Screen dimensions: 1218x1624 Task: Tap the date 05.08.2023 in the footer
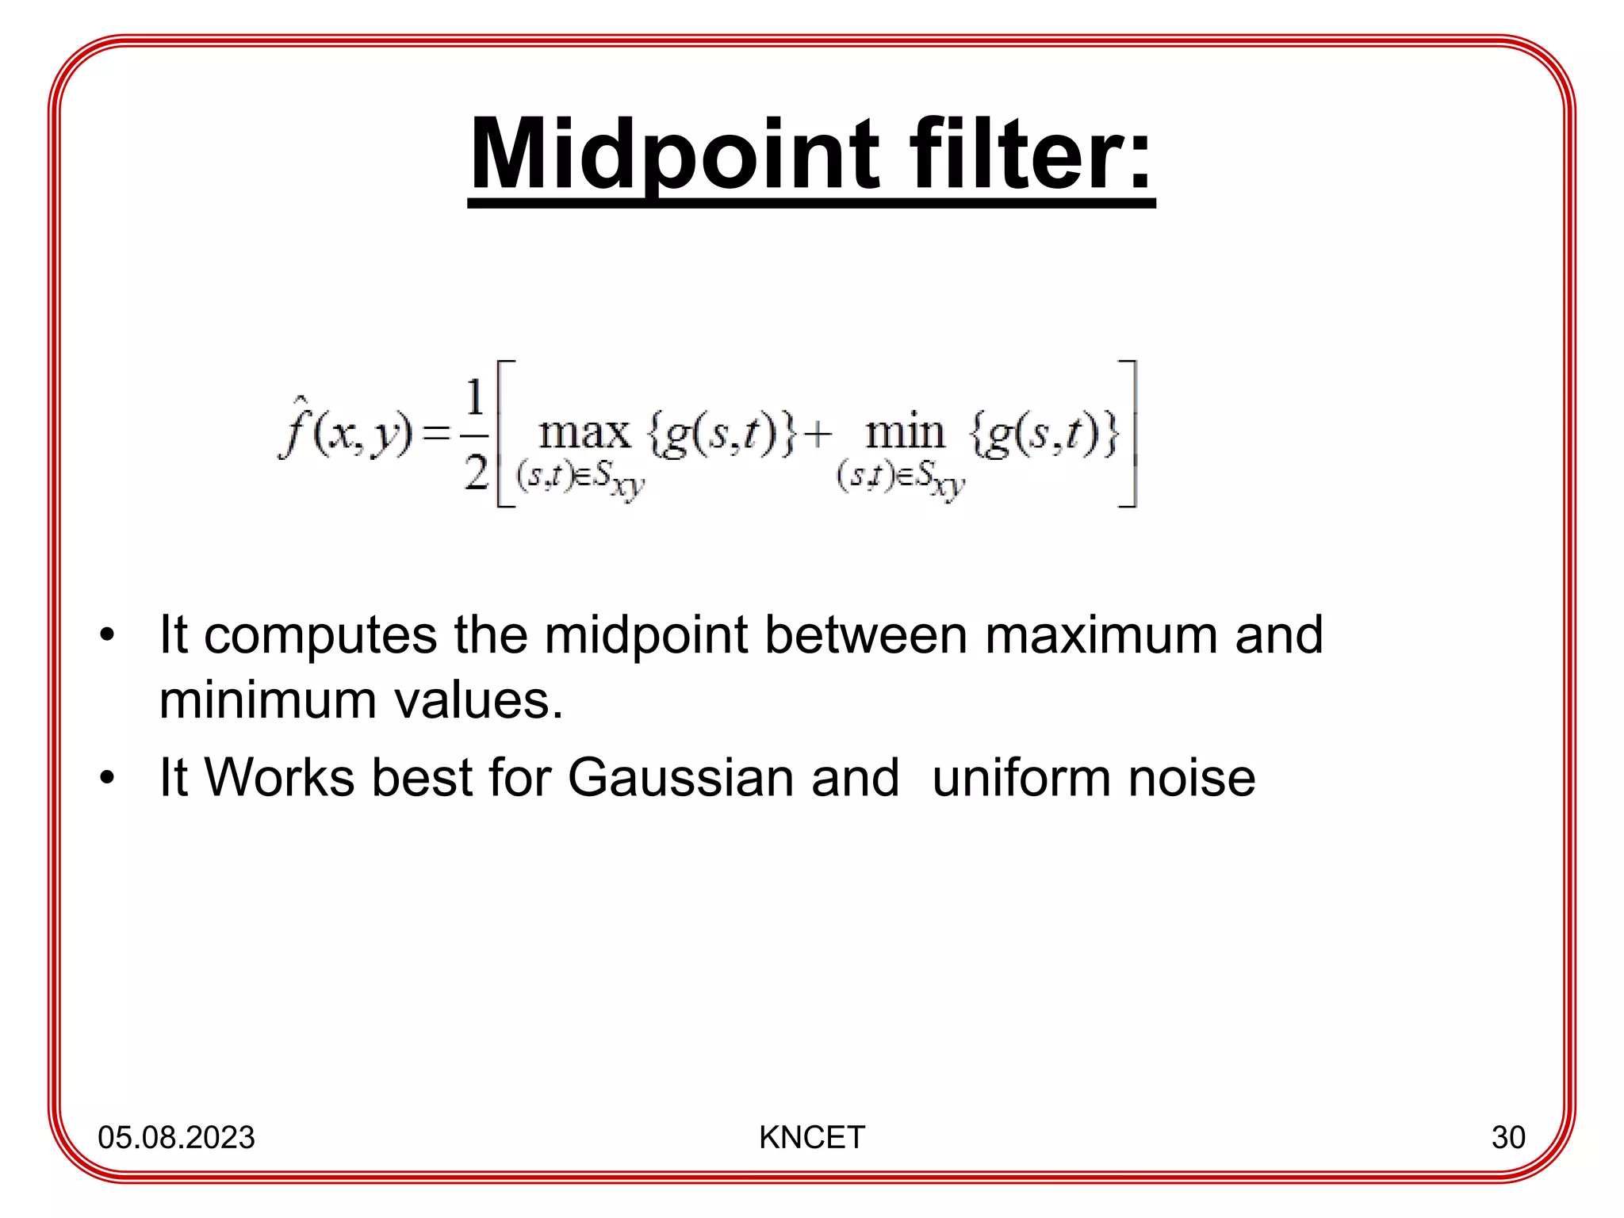176,1138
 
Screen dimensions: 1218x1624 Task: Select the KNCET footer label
811,1138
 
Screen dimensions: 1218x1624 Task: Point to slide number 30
1507,1138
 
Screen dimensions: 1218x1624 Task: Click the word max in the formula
584,434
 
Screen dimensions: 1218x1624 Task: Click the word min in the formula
904,434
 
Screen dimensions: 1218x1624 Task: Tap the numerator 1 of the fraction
474,397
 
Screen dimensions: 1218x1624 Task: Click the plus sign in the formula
818,434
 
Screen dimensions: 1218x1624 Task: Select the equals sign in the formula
435,434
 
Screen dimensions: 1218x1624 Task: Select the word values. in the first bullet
478,701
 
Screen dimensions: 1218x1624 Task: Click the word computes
320,635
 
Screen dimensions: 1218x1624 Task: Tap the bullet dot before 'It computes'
107,635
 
